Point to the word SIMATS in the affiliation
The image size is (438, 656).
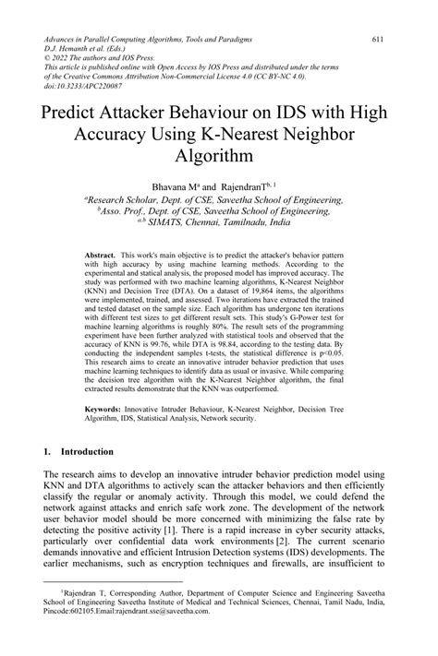pyautogui.click(x=185, y=222)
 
